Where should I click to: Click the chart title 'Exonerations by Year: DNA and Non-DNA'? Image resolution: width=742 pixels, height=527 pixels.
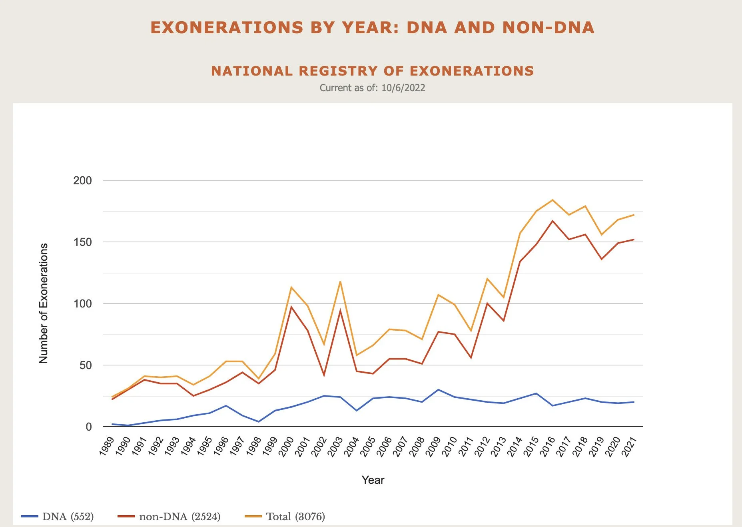372,28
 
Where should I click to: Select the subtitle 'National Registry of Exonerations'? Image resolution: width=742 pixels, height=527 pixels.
372,71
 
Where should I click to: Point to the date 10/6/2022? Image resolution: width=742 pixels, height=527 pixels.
403,88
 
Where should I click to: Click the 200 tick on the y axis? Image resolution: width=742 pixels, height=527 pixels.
82,181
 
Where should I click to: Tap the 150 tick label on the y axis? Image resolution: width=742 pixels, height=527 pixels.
82,242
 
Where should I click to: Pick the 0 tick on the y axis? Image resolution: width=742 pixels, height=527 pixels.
89,427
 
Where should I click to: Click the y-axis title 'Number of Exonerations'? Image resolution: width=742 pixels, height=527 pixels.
43,303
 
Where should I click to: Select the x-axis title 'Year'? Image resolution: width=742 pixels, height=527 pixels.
373,480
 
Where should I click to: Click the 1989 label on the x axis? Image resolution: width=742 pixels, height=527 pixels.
107,446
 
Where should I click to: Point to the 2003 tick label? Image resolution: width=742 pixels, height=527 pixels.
335,446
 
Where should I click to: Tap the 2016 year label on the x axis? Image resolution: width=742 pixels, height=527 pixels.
548,446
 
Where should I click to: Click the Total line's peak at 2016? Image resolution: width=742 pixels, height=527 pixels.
553,200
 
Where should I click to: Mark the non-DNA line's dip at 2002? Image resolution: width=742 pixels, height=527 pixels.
324,375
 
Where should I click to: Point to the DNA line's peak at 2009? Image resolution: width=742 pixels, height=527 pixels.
438,390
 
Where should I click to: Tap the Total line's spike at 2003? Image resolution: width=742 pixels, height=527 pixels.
340,282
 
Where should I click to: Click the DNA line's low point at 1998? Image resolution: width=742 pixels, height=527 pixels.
259,421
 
